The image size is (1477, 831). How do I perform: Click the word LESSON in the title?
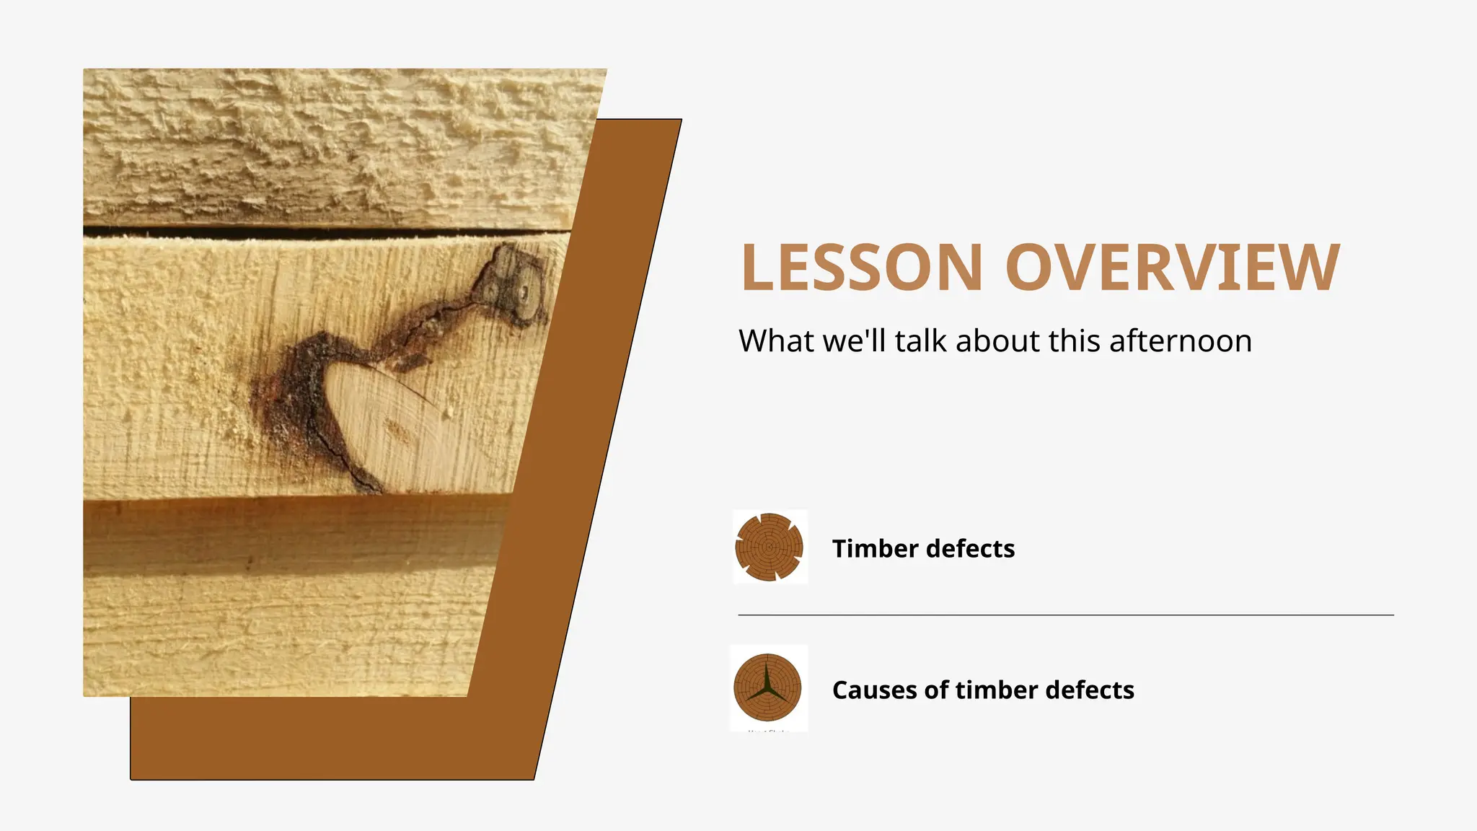pos(862,268)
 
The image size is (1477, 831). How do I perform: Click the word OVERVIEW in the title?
pos(1172,268)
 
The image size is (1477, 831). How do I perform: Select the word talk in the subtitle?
pos(922,341)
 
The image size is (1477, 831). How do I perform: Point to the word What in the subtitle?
pos(776,341)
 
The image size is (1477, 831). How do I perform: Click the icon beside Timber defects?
pos(770,547)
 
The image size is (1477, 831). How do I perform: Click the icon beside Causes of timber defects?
pos(768,687)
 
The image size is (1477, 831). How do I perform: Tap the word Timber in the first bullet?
pos(876,549)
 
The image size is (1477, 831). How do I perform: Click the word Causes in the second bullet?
pos(875,690)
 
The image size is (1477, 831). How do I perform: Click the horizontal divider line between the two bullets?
pos(1066,615)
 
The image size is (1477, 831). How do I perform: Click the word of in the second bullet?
pos(937,690)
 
